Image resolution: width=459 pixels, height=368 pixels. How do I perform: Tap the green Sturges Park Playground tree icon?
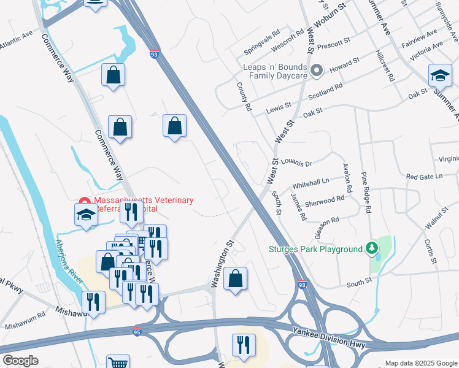pos(371,248)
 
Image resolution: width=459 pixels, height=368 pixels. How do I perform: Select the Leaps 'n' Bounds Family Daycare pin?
pos(317,71)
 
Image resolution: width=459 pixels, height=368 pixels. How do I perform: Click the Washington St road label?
pos(223,264)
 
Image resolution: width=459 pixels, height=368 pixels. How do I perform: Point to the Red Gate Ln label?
pos(424,177)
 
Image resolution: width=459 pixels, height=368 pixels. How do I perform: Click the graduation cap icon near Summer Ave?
pos(439,75)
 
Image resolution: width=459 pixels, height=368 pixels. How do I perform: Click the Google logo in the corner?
pos(20,361)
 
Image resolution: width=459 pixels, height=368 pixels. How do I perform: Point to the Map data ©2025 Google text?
pos(420,363)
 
